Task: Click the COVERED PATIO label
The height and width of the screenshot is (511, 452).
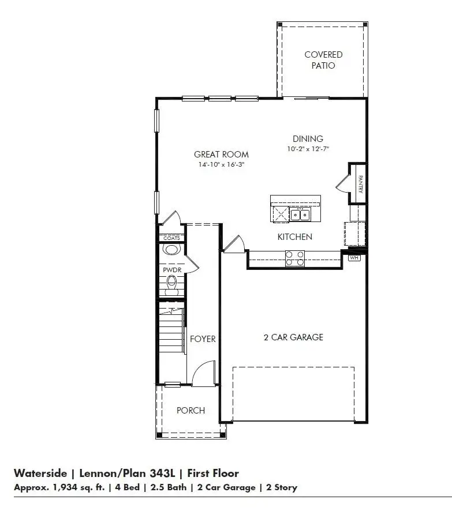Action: tap(323, 60)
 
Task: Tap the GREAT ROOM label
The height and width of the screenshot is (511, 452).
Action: tap(221, 154)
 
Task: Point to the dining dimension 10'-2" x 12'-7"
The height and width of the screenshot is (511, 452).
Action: tap(308, 149)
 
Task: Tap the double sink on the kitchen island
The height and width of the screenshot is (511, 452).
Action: tap(300, 215)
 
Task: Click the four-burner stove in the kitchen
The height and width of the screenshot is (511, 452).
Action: tap(295, 258)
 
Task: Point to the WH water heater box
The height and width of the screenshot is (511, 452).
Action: tap(354, 258)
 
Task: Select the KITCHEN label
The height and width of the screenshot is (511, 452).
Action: tap(295, 236)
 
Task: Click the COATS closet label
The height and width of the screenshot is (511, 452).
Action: tap(171, 238)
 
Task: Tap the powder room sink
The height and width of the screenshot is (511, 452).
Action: tap(171, 250)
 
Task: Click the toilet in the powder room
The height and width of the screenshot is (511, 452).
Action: tap(171, 284)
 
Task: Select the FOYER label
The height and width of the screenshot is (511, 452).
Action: tap(203, 339)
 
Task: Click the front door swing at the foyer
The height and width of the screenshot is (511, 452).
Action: tap(203, 373)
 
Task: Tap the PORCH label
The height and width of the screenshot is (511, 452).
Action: tap(190, 410)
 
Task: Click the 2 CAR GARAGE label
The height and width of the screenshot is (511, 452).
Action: tap(293, 337)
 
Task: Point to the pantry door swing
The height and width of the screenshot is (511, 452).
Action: tap(342, 184)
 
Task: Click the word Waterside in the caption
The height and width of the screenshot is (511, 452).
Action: tap(39, 474)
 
